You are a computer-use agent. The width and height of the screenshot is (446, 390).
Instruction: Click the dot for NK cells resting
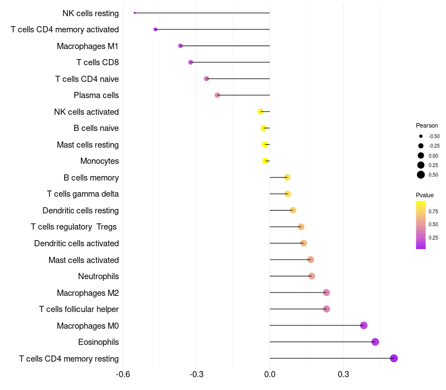coord(135,13)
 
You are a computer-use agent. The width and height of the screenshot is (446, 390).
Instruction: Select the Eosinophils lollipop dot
coord(375,342)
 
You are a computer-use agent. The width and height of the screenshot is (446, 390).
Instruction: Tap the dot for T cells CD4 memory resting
coord(394,358)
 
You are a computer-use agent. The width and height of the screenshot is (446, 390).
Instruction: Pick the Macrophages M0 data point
coord(363,325)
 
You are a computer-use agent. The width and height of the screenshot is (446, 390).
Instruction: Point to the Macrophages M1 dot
coord(180,46)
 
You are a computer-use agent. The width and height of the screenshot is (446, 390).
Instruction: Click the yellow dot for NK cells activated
coord(260,111)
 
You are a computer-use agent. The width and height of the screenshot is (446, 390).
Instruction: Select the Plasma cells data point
coord(217,95)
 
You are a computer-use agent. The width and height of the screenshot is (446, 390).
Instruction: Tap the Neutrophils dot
coord(312,276)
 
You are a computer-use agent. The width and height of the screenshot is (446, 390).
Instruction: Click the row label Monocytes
coord(99,161)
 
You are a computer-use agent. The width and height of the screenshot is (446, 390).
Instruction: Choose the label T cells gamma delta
coord(83,194)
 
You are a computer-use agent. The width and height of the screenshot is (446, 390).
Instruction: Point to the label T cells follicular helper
coord(79,309)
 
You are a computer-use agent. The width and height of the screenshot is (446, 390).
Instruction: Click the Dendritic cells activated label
coord(76,243)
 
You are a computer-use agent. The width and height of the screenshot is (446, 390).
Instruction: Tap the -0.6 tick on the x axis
coord(123,374)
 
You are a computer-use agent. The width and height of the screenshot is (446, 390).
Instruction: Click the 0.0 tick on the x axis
coord(270,374)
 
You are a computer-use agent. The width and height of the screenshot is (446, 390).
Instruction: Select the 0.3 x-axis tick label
coord(343,374)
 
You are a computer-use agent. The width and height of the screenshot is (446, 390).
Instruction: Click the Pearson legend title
coord(427,125)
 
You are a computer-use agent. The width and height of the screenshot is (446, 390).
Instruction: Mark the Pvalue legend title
coord(425,195)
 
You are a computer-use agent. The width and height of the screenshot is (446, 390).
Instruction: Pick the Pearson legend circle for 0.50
coord(421,175)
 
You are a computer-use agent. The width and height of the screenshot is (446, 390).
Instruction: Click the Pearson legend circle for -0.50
coord(421,136)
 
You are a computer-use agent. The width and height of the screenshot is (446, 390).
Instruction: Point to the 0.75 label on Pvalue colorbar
coord(433,212)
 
